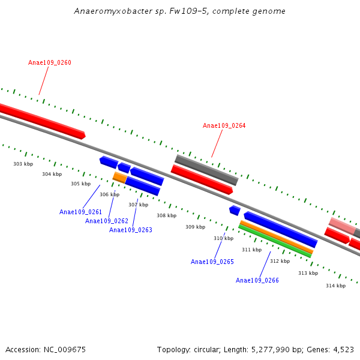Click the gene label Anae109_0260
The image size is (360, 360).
click(x=50, y=62)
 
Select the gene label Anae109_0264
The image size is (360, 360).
click(x=224, y=125)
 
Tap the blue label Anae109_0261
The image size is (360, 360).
click(x=80, y=212)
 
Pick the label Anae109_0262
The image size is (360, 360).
click(x=107, y=221)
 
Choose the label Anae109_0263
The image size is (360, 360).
click(x=131, y=230)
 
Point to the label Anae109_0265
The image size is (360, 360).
click(x=212, y=262)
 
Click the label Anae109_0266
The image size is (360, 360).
click(x=257, y=280)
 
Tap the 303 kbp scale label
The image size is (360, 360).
click(x=23, y=164)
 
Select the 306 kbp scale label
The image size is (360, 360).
click(x=109, y=194)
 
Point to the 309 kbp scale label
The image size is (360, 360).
click(x=195, y=227)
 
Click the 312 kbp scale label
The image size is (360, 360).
click(x=280, y=261)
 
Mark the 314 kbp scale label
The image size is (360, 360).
click(x=335, y=286)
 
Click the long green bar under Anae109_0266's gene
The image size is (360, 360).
click(x=275, y=241)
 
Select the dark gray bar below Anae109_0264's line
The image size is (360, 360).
click(x=206, y=170)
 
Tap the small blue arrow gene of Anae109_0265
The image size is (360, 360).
click(x=235, y=210)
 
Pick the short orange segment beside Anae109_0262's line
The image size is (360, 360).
click(x=119, y=177)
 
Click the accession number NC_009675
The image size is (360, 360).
click(x=65, y=349)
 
